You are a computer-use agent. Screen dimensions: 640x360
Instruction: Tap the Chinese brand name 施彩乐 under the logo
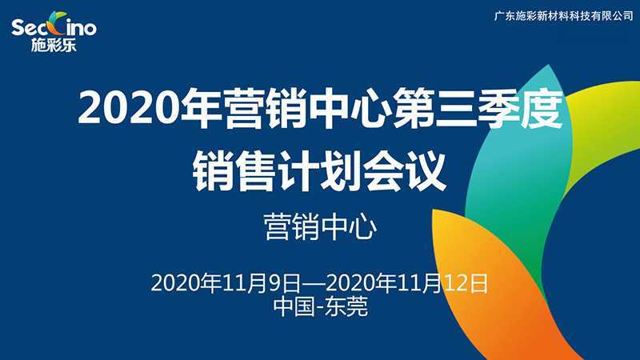tap(54, 45)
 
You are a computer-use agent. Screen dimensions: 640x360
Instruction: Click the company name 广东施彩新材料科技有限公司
tap(563, 16)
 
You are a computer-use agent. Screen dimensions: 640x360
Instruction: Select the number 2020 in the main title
tap(129, 107)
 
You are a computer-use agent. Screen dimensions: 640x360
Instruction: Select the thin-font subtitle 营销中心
tap(320, 226)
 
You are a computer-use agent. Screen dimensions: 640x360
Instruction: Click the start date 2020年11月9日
tap(226, 283)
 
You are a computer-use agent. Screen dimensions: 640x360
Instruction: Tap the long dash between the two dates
tap(314, 283)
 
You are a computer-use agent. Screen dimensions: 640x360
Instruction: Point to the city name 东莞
tap(346, 306)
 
